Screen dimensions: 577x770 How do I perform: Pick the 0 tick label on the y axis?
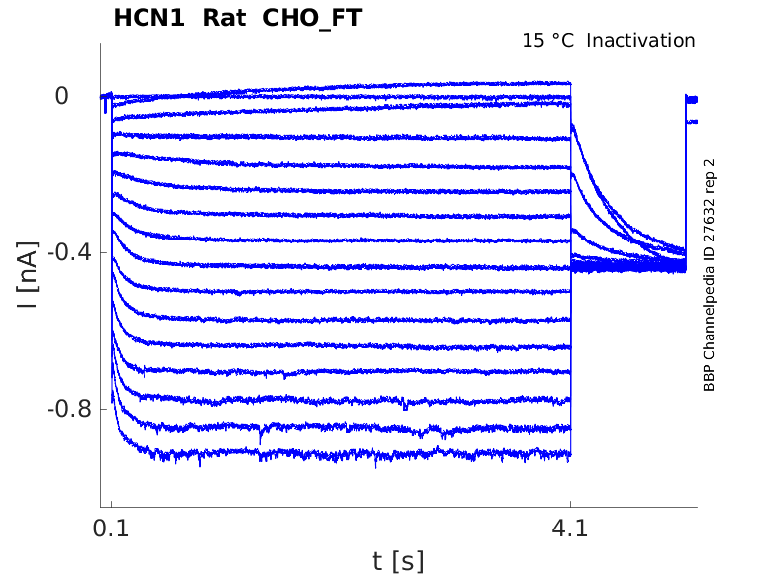click(x=62, y=96)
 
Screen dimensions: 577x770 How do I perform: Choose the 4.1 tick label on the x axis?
click(x=570, y=529)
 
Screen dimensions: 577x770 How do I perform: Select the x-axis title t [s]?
click(x=398, y=562)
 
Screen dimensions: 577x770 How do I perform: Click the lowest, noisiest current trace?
click(x=346, y=456)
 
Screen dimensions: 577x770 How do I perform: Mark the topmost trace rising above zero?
click(x=445, y=85)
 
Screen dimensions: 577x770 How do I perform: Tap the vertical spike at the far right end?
click(x=686, y=178)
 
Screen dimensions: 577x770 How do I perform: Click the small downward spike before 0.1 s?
click(x=106, y=105)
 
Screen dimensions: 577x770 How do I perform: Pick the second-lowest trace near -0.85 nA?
click(x=346, y=429)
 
